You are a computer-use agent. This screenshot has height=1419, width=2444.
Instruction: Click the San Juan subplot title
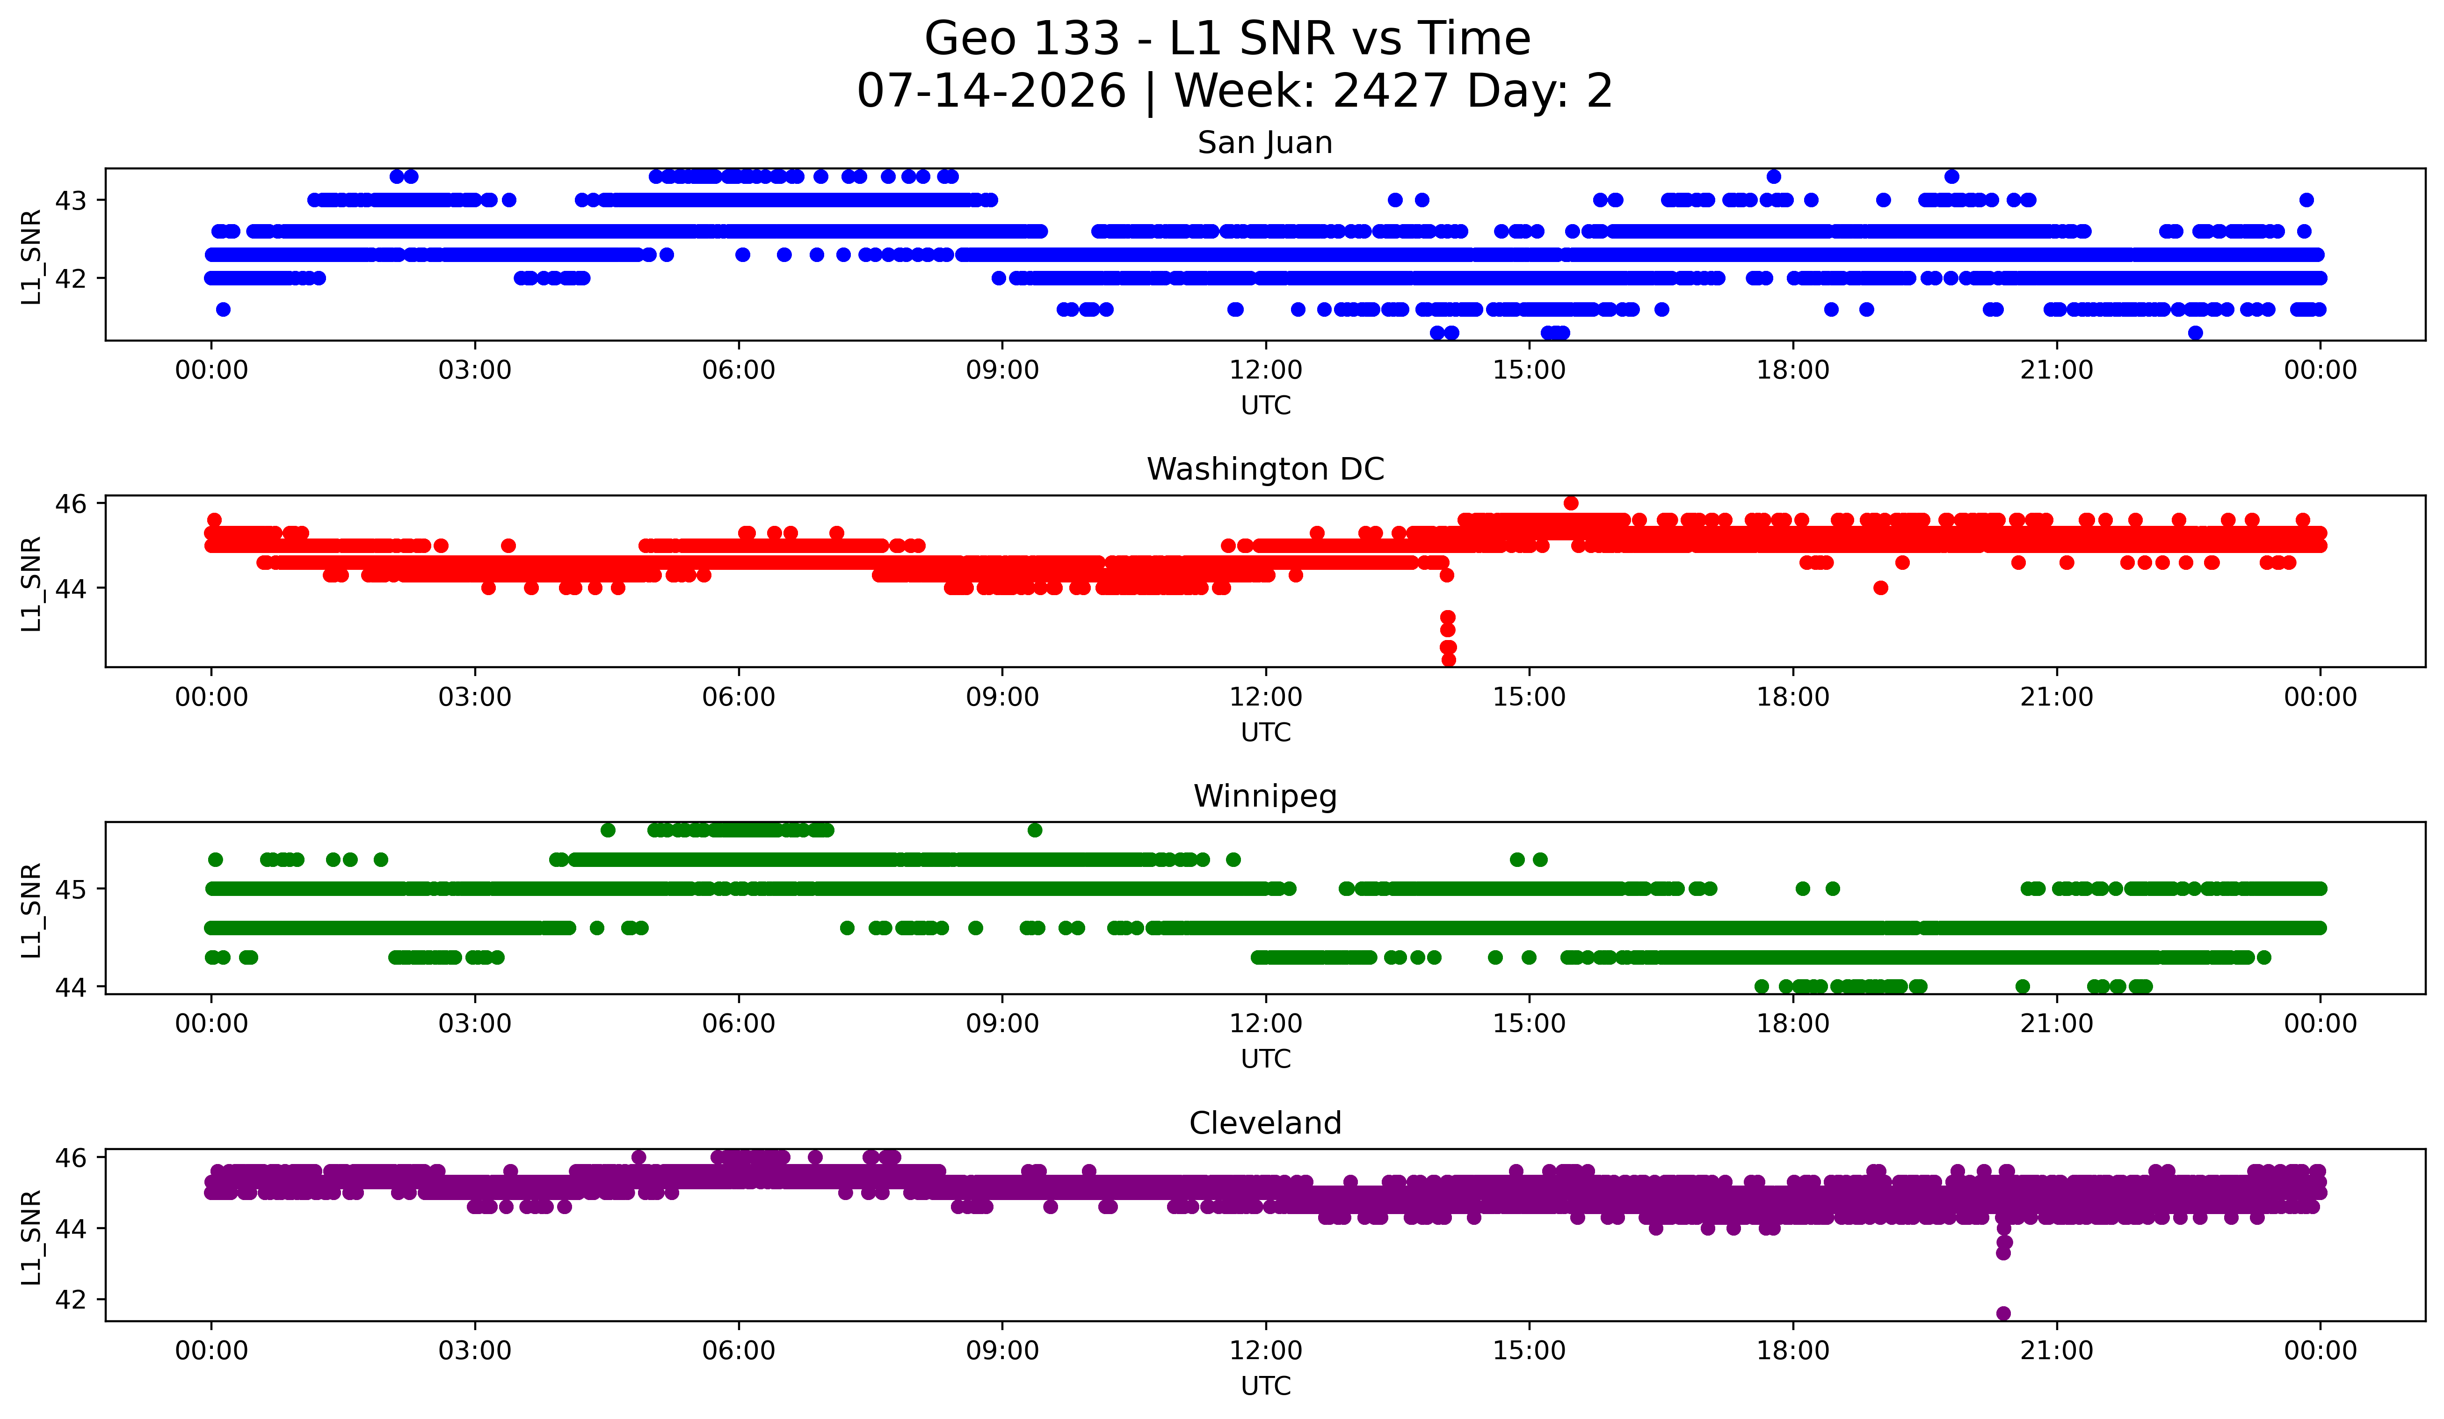[1265, 143]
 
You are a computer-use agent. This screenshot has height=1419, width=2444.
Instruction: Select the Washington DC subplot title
[1265, 469]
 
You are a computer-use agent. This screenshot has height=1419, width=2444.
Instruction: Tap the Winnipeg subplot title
[1265, 796]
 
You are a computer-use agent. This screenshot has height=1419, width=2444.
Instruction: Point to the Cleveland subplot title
[1265, 1123]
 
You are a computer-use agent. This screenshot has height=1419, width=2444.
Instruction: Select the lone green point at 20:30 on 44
[2022, 986]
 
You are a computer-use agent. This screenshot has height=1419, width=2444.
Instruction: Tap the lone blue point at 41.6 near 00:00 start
[223, 309]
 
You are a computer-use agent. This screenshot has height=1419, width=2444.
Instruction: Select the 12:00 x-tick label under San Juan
[1266, 371]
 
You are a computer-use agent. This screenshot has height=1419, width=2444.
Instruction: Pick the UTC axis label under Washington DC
[1266, 732]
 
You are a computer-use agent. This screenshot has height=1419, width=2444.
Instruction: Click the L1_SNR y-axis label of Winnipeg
[31, 910]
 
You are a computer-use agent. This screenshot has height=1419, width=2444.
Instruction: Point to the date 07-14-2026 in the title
[991, 91]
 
